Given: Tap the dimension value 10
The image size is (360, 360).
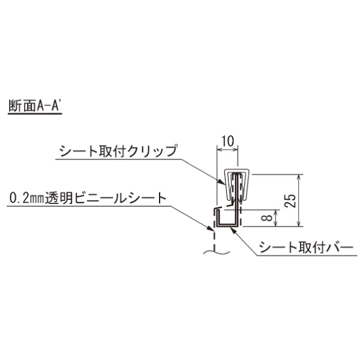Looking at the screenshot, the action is click(227, 141).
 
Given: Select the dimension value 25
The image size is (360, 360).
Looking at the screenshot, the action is click(290, 200).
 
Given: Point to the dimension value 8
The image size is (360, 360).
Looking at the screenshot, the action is click(266, 218).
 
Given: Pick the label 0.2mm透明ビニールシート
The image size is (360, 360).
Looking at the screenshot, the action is click(88, 198).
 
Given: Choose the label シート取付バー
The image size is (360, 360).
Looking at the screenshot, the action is click(306, 247).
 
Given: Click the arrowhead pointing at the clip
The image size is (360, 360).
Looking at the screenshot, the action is click(222, 182).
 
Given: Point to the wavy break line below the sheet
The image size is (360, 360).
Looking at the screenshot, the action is click(217, 253).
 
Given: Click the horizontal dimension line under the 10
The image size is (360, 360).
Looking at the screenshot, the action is click(227, 150).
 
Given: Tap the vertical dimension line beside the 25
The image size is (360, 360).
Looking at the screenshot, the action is click(298, 200).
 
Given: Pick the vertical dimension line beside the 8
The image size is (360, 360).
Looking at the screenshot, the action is click(276, 218).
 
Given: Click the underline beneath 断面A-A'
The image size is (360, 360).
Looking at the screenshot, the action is click(35, 113).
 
